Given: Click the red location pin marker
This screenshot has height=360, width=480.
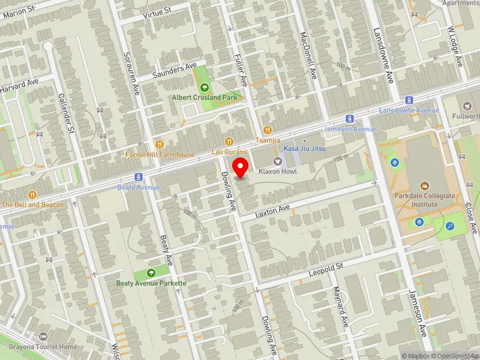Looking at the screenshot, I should (241, 167).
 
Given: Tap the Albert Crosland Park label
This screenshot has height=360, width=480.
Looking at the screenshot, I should (204, 97).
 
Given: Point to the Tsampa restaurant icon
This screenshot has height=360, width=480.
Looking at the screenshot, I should (268, 130).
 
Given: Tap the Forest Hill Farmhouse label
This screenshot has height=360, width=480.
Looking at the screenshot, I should (160, 154).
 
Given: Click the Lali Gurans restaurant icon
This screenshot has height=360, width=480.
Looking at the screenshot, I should (229, 141).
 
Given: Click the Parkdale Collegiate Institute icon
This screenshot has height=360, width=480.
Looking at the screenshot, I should (425, 186).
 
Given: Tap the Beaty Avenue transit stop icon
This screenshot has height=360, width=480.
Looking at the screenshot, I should (139, 177).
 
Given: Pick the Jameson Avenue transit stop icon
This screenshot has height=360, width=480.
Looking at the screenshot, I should (350, 119).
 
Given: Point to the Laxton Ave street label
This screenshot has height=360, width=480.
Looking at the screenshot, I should (272, 211).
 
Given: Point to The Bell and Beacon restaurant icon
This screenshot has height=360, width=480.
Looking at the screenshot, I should (32, 194).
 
